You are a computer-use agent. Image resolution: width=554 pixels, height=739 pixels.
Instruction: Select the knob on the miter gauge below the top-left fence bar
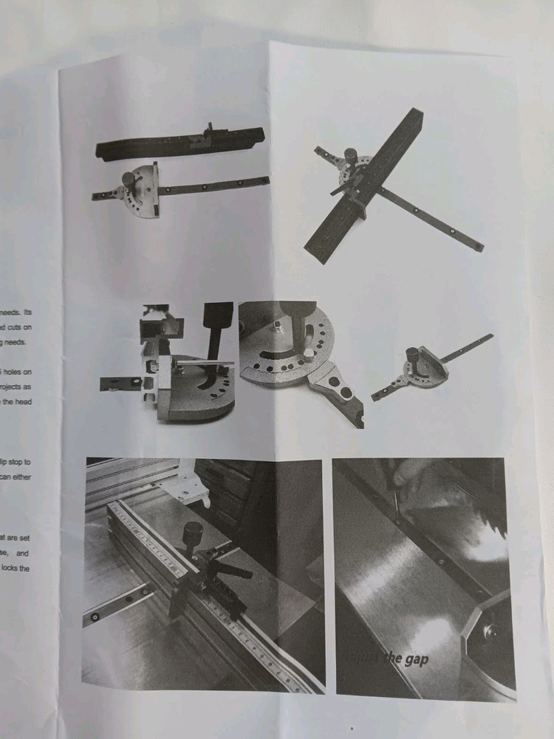point(130,180)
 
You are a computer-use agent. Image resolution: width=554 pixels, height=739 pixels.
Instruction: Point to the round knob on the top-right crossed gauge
point(351,156)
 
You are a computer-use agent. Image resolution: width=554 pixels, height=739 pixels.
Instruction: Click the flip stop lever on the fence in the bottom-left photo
point(233,571)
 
